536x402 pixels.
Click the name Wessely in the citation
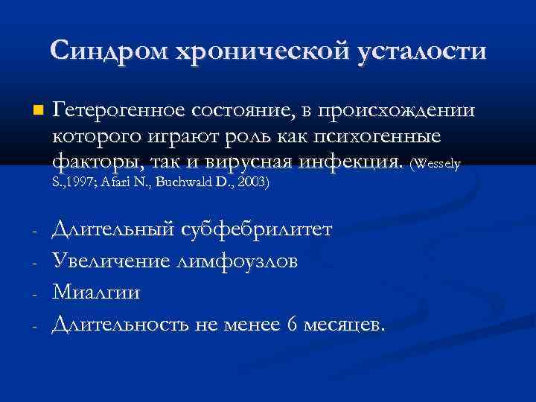pyautogui.click(x=441, y=163)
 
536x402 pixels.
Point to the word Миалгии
pyautogui.click(x=96, y=292)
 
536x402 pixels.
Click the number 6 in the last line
pyautogui.click(x=293, y=323)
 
